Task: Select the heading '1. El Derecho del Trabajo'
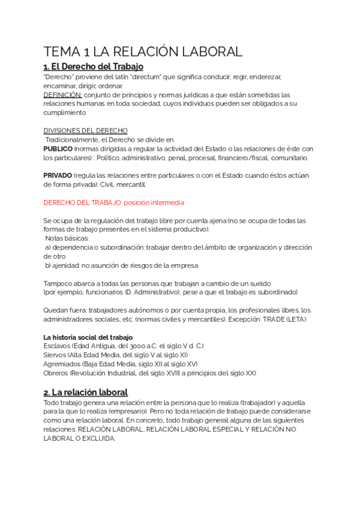tap(93, 67)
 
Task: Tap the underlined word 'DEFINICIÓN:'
tap(62, 95)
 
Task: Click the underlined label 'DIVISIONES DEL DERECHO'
tap(85, 130)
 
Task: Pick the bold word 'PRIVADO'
tap(58, 175)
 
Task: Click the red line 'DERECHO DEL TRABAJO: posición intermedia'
tap(114, 202)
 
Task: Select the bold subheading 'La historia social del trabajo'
tap(88, 337)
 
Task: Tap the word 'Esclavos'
tap(56, 346)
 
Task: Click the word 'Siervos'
tap(55, 355)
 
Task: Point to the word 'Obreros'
tap(56, 373)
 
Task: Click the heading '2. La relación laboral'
tap(86, 393)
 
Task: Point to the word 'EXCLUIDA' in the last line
tap(97, 438)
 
